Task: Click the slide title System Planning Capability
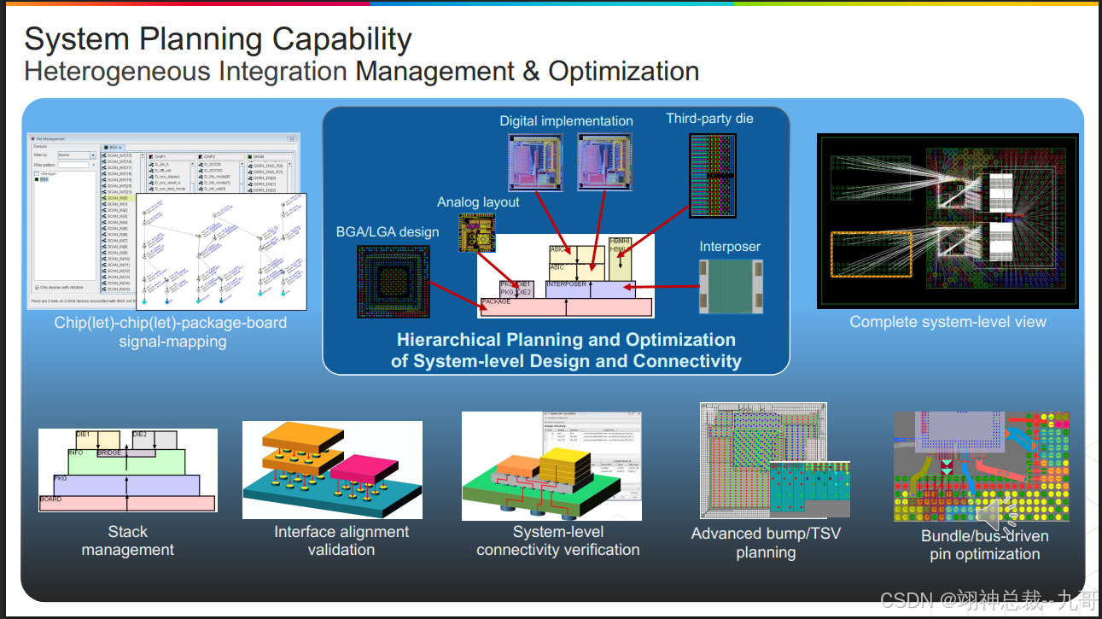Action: tap(218, 39)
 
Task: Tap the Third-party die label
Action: tap(709, 119)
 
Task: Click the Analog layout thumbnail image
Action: tap(476, 233)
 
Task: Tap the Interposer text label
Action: tap(730, 247)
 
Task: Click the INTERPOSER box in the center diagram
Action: tap(590, 289)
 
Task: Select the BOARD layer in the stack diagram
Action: tap(126, 503)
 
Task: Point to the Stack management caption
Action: tap(128, 540)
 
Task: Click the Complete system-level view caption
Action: tap(947, 322)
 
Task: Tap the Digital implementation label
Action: tap(566, 121)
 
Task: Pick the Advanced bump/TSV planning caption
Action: tap(766, 543)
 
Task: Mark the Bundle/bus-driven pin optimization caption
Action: tap(984, 545)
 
